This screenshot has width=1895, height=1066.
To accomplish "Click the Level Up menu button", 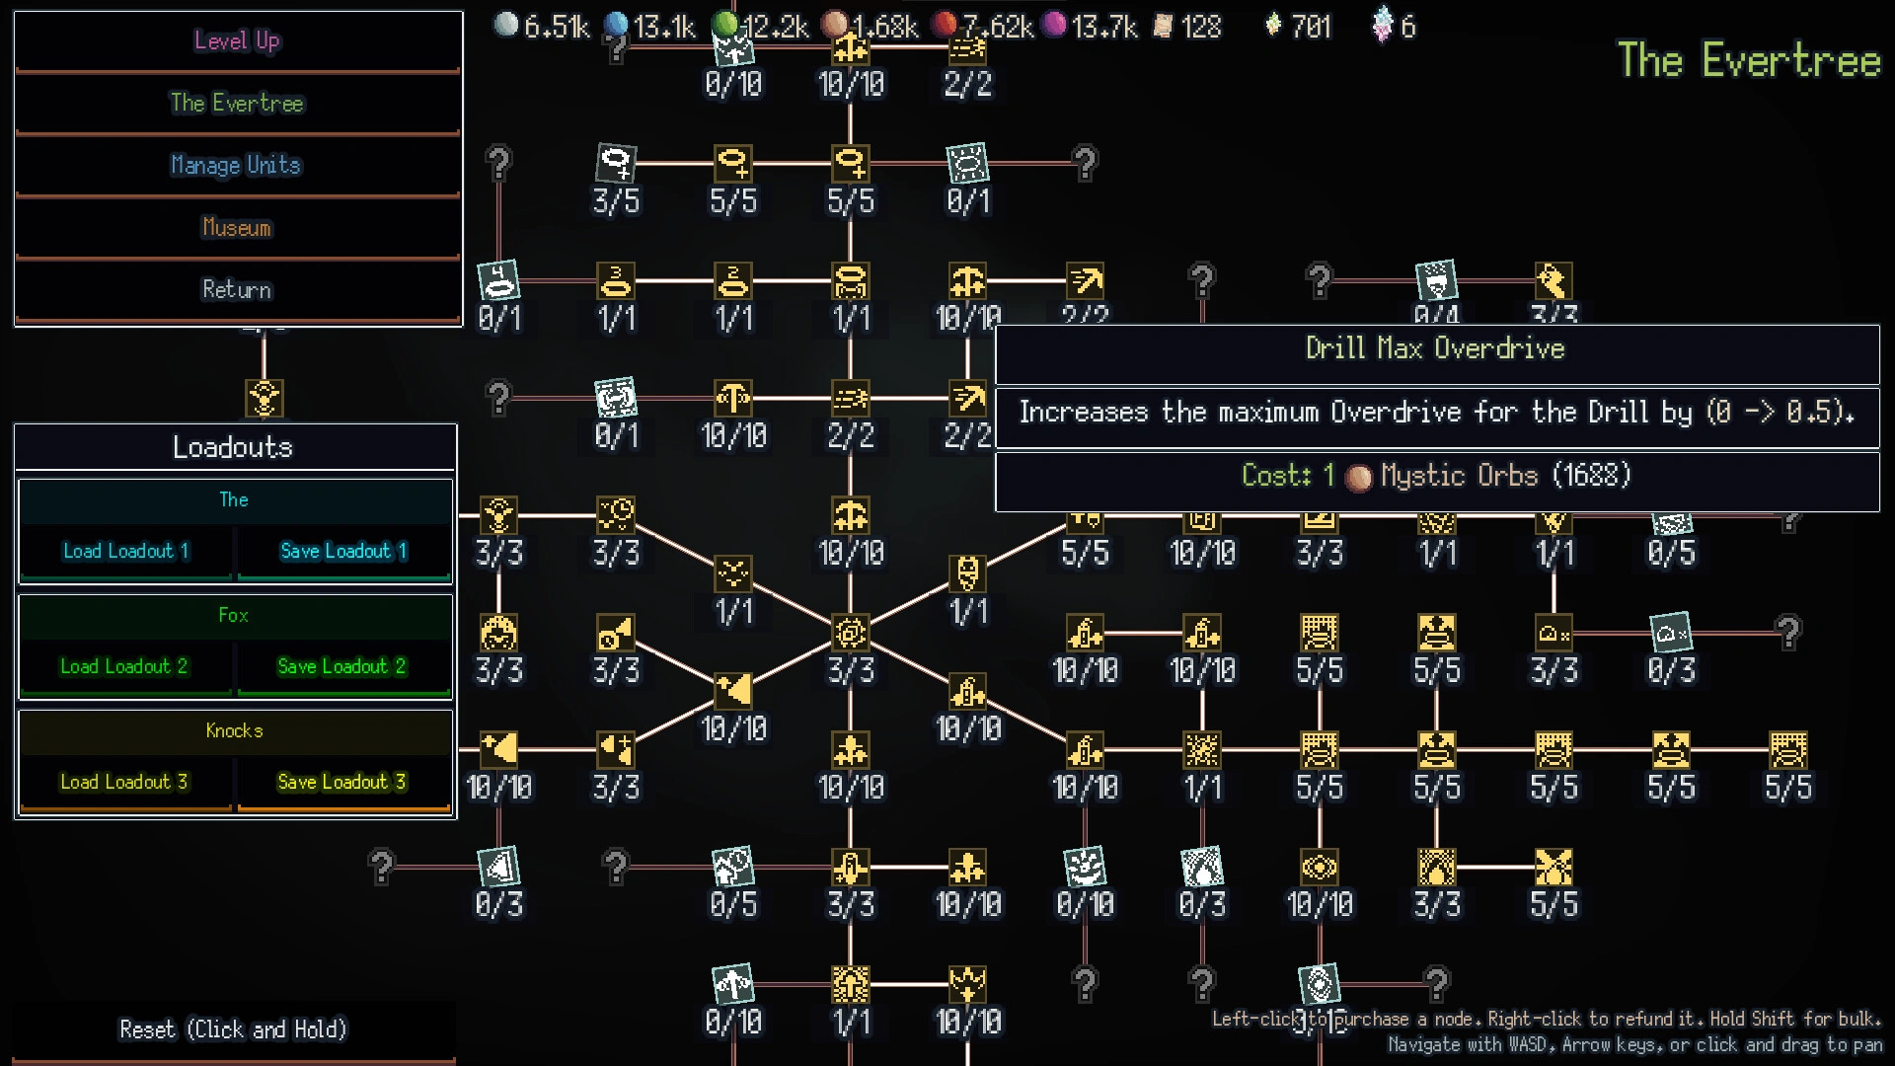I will click(x=237, y=41).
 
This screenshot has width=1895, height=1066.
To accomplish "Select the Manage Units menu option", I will click(x=237, y=165).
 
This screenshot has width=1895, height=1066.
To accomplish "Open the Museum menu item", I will click(x=237, y=227).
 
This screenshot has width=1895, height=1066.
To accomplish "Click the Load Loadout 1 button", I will click(x=125, y=551).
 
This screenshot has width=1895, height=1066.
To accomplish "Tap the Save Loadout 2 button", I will click(x=342, y=666).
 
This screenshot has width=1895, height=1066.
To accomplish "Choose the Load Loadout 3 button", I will click(x=123, y=782).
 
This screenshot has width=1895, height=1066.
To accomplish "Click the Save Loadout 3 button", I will click(x=342, y=782).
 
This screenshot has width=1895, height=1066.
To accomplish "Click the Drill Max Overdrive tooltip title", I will click(x=1435, y=348).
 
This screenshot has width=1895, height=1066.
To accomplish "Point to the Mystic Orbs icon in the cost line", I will click(x=1359, y=477).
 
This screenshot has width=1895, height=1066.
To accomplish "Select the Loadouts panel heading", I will click(x=233, y=447).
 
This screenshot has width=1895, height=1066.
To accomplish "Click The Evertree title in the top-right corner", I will click(x=1748, y=60).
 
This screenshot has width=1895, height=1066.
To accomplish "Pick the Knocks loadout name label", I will click(x=234, y=730).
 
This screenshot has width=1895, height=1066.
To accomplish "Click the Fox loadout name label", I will click(x=234, y=615).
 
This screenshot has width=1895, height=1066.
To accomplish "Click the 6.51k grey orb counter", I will click(x=543, y=27).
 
